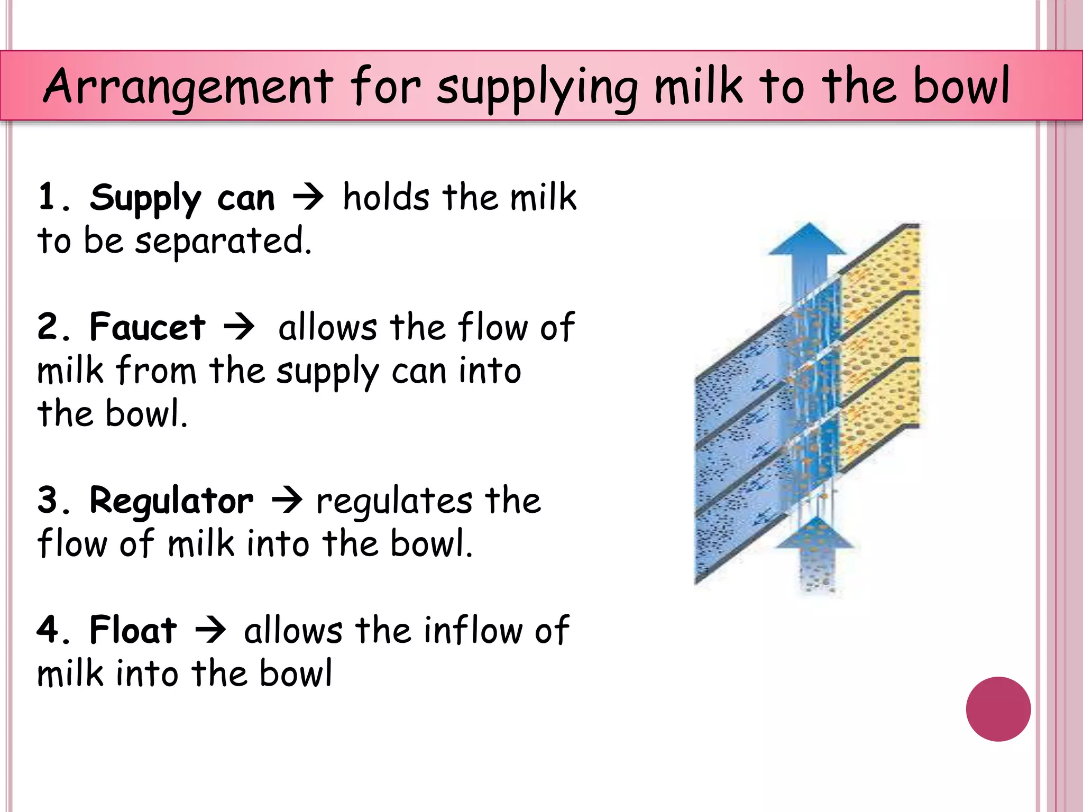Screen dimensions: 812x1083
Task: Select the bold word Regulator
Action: pyautogui.click(x=171, y=500)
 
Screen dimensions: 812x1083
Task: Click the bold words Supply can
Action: pyautogui.click(x=182, y=198)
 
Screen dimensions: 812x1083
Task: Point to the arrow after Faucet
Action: pyautogui.click(x=239, y=327)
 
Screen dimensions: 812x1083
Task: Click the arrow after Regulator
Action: pyautogui.click(x=287, y=500)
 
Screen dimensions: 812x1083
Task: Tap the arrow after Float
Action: pyautogui.click(x=210, y=630)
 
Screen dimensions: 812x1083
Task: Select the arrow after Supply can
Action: pyautogui.click(x=308, y=198)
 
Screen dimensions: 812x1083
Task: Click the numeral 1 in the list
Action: pyautogui.click(x=48, y=197)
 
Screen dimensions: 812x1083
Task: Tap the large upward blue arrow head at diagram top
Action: pyautogui.click(x=807, y=241)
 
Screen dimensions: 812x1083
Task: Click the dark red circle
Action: pyautogui.click(x=998, y=709)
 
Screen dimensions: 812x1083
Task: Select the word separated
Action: pyautogui.click(x=223, y=241)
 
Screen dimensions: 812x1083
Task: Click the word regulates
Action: pyautogui.click(x=394, y=501)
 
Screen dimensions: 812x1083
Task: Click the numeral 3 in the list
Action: pyautogui.click(x=48, y=500)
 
